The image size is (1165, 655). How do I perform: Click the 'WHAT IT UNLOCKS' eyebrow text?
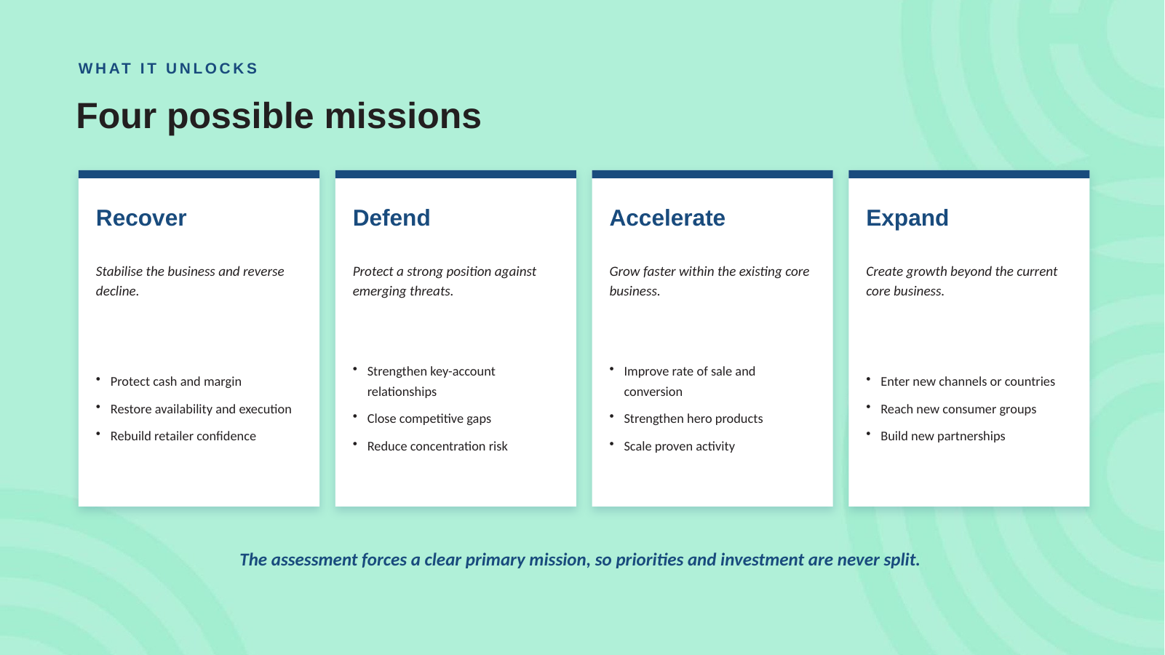[168, 68]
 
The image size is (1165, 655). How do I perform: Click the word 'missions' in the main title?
[403, 116]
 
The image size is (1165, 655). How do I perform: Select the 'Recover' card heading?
[141, 218]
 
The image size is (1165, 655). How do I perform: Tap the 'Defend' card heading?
[391, 218]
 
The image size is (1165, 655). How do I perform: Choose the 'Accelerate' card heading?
[667, 218]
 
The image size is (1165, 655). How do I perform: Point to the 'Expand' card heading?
[907, 218]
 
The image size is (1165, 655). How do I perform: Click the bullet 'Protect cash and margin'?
[176, 381]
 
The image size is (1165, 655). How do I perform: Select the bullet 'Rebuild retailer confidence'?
[183, 436]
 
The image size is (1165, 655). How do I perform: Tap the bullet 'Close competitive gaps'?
[429, 418]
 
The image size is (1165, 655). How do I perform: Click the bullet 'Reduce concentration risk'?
[437, 446]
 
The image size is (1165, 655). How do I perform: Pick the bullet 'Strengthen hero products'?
[693, 418]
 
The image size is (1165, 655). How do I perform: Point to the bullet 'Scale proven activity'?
[679, 446]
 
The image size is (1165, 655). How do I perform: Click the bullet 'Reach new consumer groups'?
[958, 409]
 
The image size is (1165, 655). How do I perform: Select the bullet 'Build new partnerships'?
[943, 436]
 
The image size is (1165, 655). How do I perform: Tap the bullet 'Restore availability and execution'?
[201, 409]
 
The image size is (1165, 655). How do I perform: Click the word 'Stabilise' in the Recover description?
[119, 271]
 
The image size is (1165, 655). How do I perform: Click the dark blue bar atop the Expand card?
[969, 174]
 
